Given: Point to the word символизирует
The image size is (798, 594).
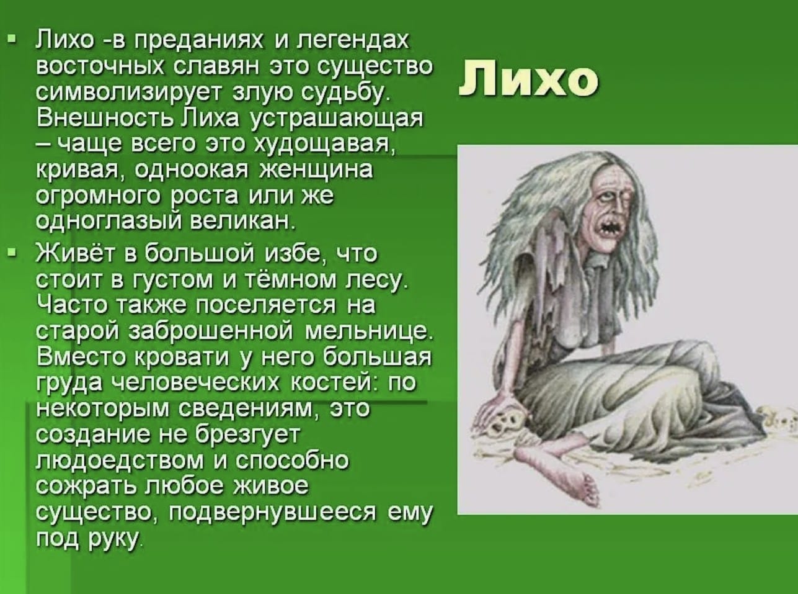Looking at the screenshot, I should [x=128, y=92].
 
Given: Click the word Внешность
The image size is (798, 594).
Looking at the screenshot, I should [x=105, y=118].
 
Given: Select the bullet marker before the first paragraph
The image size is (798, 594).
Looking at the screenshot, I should [x=13, y=39].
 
